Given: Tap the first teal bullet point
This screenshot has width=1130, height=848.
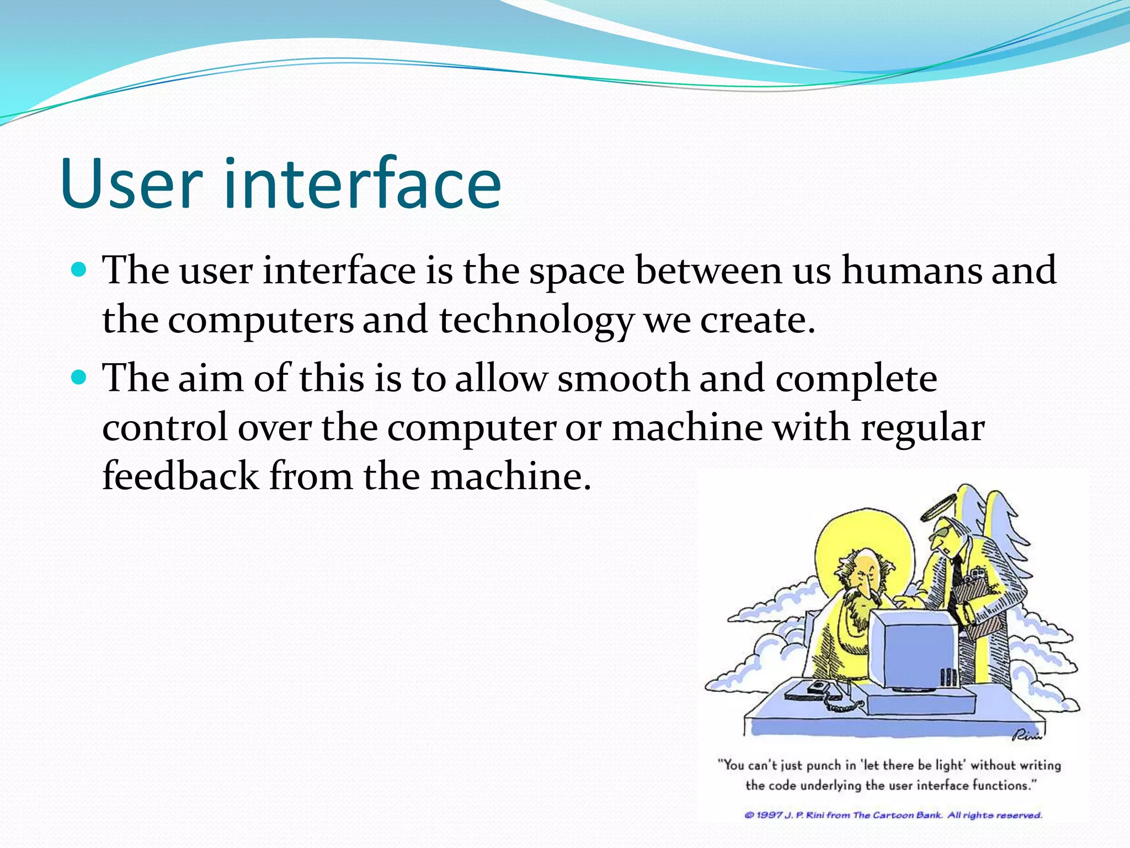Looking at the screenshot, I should pyautogui.click(x=80, y=270).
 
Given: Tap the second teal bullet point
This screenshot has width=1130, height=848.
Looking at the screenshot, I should pyautogui.click(x=80, y=378).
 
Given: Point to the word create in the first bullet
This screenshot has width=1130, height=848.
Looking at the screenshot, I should pyautogui.click(x=756, y=321).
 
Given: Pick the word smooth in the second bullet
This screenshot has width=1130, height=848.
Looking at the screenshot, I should pyautogui.click(x=623, y=379).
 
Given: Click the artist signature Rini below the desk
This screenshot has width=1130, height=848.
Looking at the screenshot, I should pyautogui.click(x=1026, y=735).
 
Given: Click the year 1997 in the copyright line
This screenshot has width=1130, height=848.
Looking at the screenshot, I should pyautogui.click(x=769, y=815).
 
